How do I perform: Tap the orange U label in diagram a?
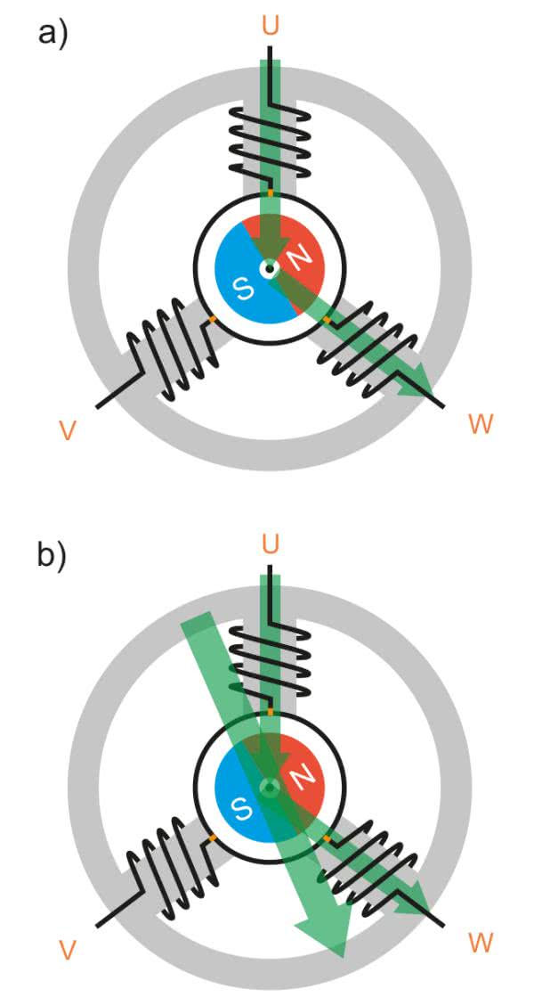(269, 25)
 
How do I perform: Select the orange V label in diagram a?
(66, 430)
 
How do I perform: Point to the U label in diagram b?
(269, 543)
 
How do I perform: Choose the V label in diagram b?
(66, 951)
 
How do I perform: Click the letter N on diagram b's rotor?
(300, 777)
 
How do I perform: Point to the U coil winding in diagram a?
(269, 143)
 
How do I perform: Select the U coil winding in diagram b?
(269, 664)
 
